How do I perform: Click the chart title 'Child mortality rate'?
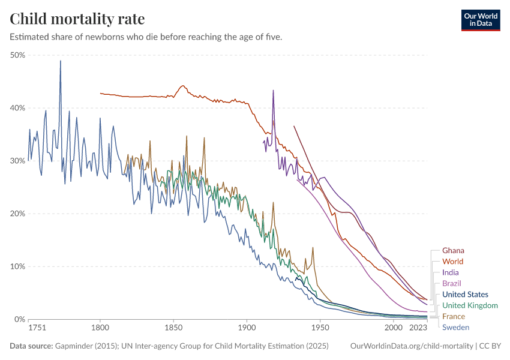[77, 19]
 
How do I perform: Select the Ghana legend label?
[453, 251]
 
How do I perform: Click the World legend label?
[452, 262]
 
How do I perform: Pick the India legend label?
[450, 273]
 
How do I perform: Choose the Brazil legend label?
[451, 283]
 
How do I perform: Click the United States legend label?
[465, 295]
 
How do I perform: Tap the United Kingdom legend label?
[470, 305]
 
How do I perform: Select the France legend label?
[453, 316]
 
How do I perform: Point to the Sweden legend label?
[455, 327]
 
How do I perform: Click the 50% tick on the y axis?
[17, 55]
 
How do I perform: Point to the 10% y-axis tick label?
[17, 266]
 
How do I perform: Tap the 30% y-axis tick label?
[17, 161]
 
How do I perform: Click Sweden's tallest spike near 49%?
[60, 61]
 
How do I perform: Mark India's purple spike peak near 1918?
[273, 91]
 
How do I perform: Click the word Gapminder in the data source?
[70, 346]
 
